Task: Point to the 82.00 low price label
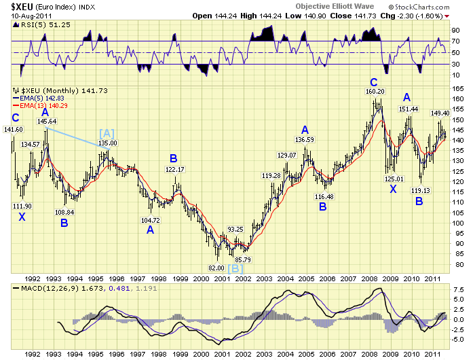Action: (216, 268)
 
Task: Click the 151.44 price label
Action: (408, 109)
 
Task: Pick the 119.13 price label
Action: (419, 191)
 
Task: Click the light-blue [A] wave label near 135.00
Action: (107, 133)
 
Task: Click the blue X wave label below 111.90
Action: (22, 216)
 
